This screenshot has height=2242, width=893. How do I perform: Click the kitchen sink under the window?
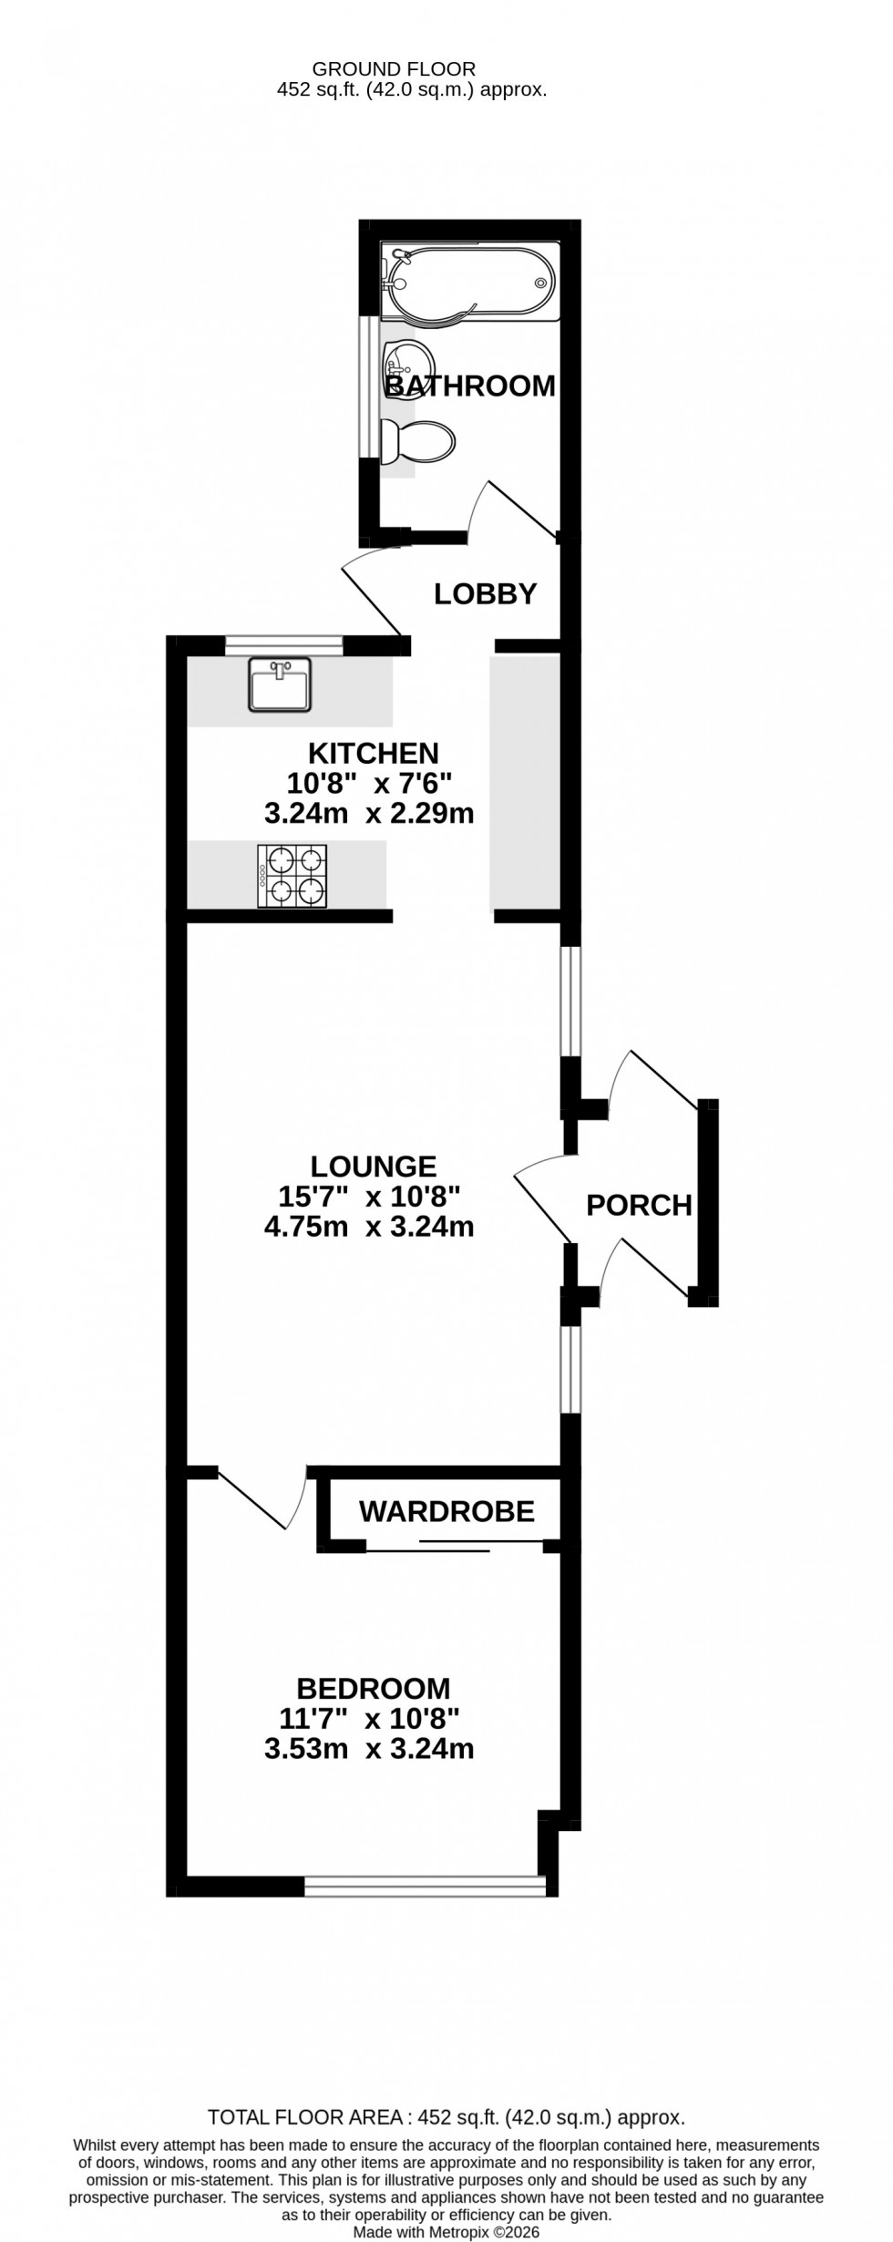click(x=279, y=684)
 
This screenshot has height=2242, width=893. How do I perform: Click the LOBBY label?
click(x=485, y=594)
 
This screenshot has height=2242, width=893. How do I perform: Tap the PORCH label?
click(x=639, y=1206)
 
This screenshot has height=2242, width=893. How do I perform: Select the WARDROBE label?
click(x=446, y=1511)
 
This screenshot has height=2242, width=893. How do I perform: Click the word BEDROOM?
click(x=374, y=1688)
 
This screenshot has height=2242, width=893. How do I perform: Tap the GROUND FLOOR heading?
click(x=394, y=68)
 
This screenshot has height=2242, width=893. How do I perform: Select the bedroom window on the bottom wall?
click(x=424, y=1886)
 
